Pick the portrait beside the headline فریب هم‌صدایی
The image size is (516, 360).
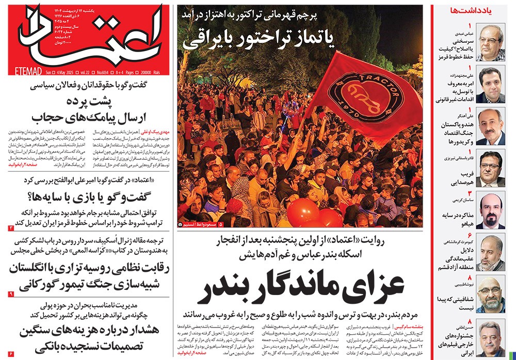[491, 166]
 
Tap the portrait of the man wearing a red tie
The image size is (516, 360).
[491, 210]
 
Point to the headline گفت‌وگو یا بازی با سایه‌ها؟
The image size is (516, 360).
[88, 197]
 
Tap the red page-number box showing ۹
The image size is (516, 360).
[11, 293]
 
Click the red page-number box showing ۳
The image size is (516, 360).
[11, 227]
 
